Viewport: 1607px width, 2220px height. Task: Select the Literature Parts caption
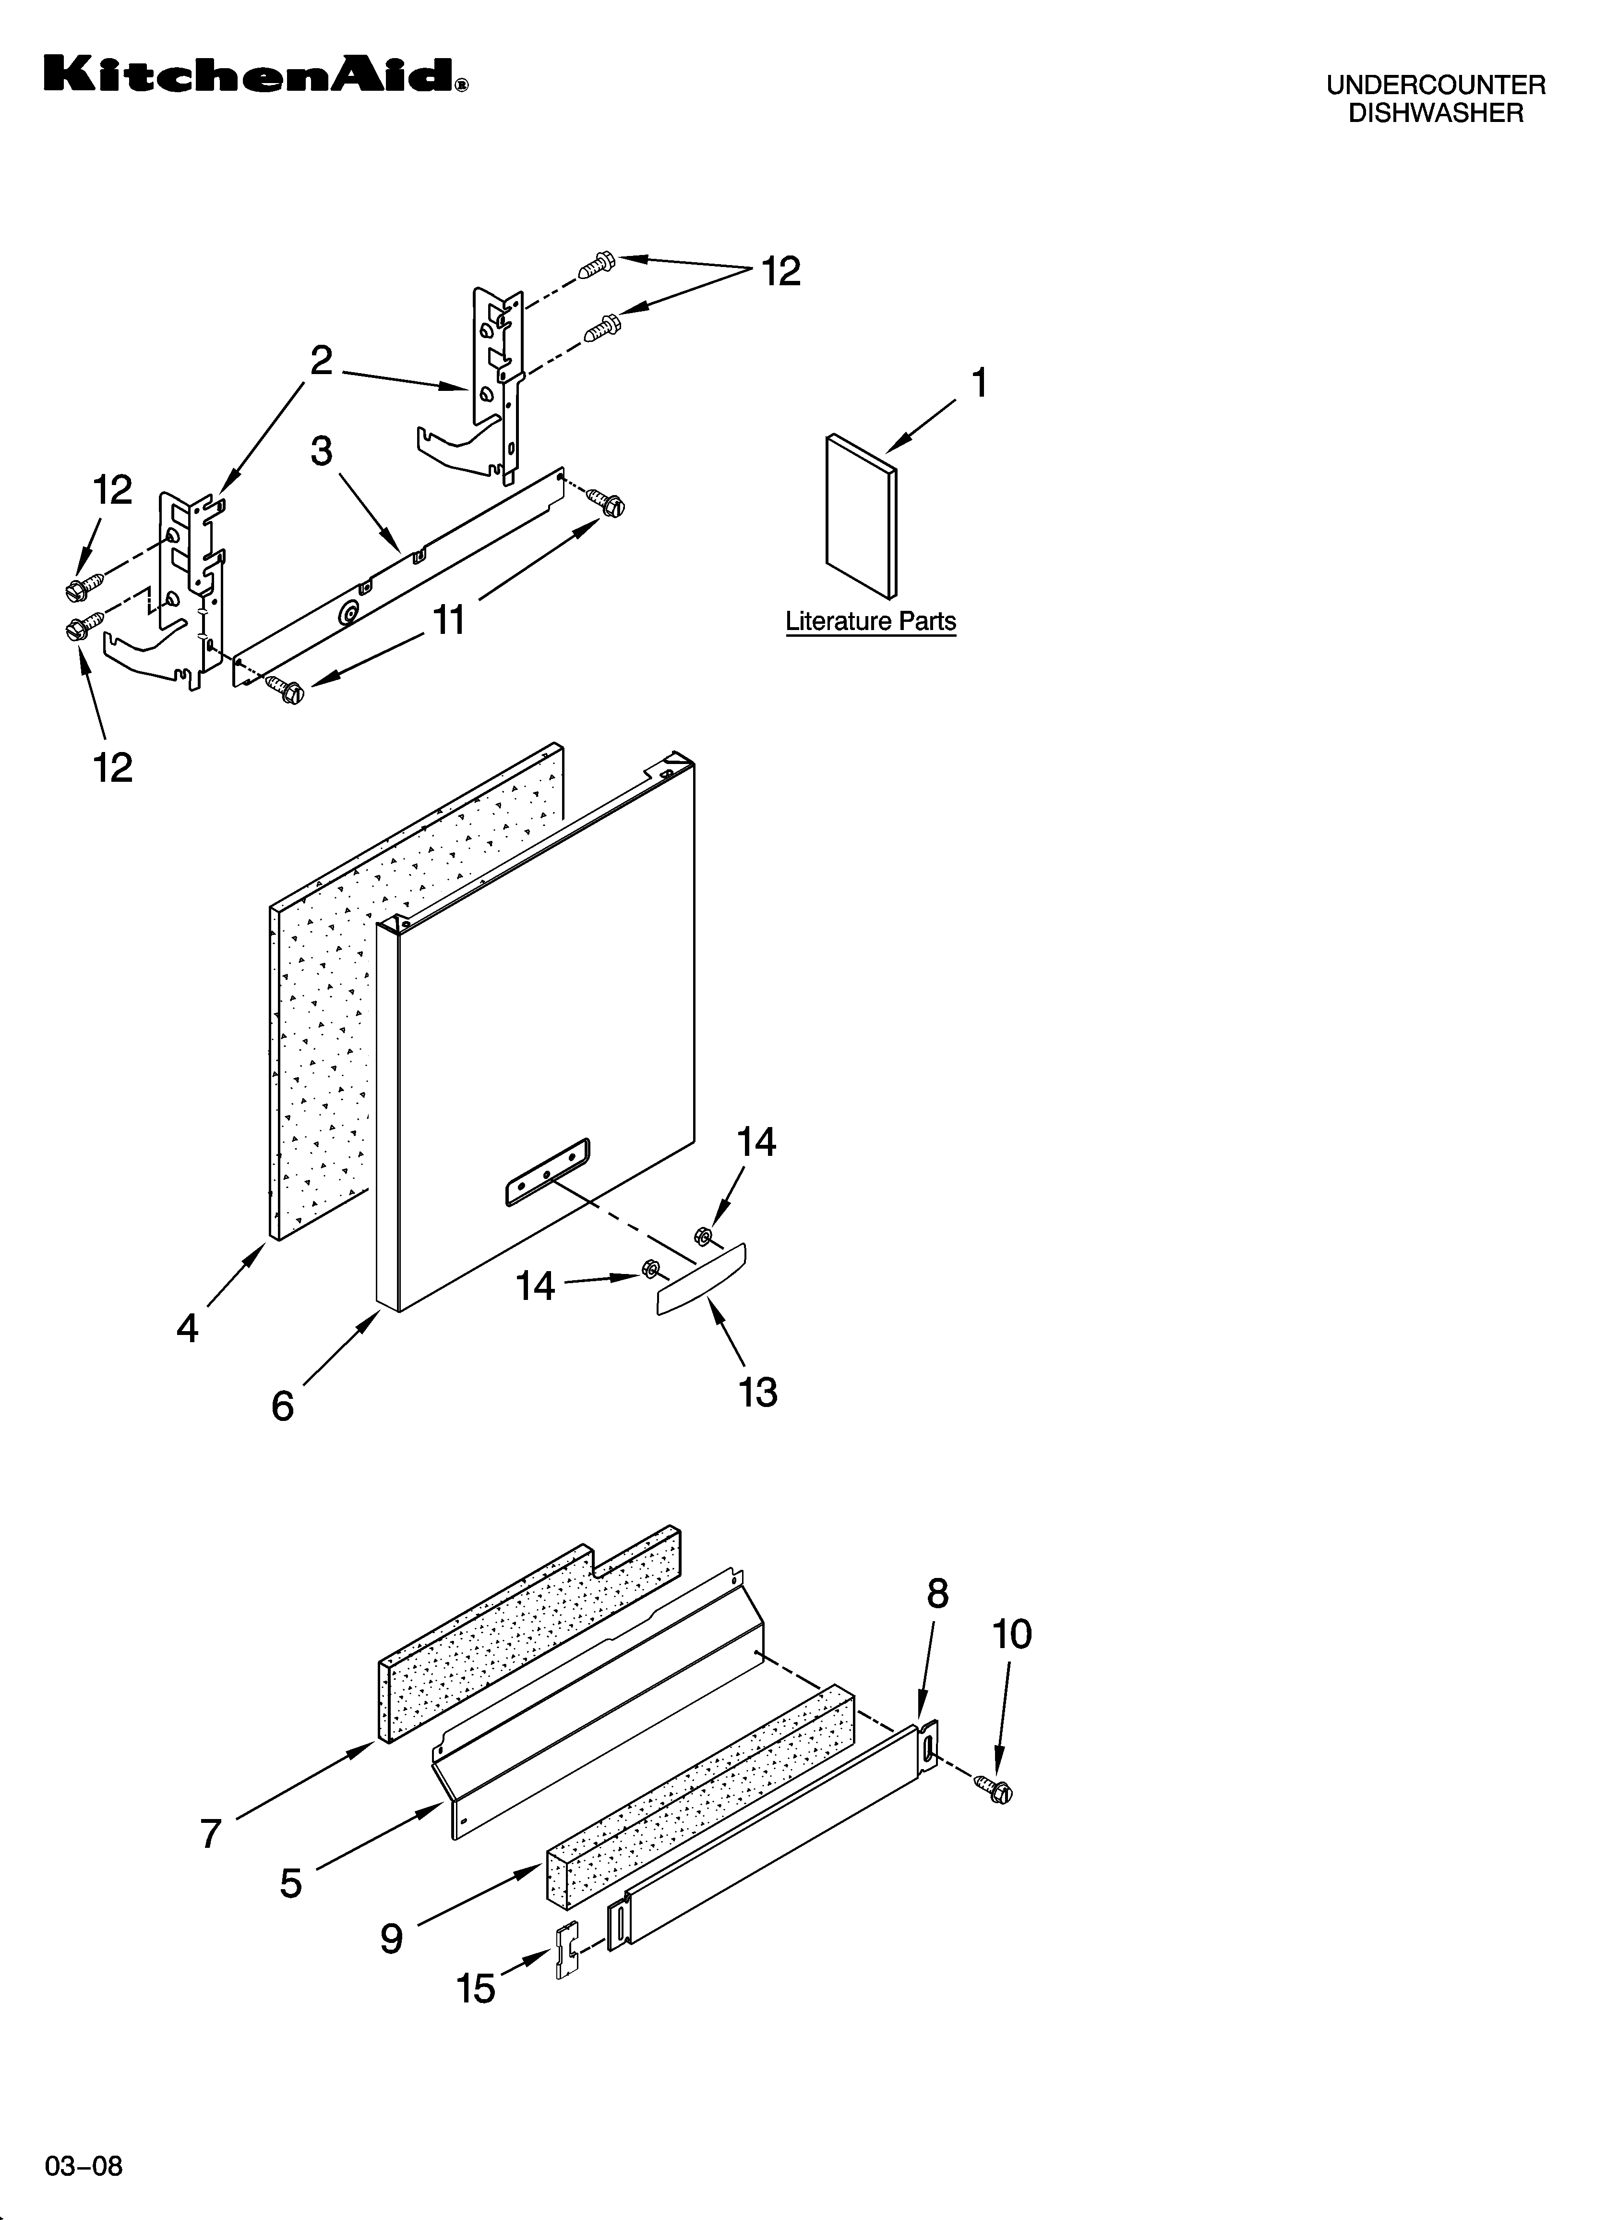(x=870, y=621)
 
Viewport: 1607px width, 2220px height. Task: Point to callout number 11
(x=449, y=619)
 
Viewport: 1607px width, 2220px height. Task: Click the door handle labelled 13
(x=701, y=1280)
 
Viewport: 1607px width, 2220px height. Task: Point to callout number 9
(x=392, y=1938)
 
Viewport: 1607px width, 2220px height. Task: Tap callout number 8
(x=936, y=1594)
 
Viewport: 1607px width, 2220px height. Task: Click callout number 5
(x=291, y=1883)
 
